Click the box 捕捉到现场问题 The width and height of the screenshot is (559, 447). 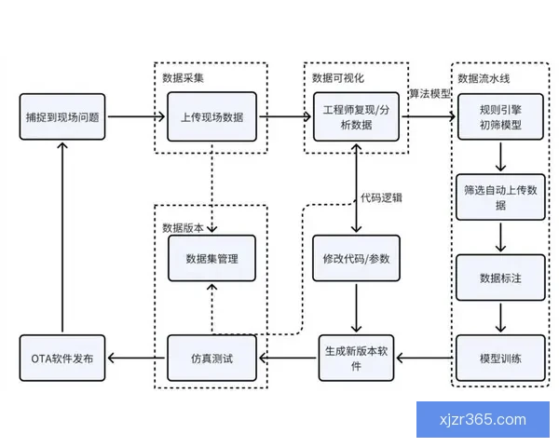[62, 117]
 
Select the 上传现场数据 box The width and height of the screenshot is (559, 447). [211, 117]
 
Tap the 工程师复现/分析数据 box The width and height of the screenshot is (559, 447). [358, 117]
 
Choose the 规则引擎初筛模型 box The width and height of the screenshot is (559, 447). [499, 117]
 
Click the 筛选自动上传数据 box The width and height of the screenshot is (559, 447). [499, 196]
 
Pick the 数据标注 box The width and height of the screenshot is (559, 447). [499, 278]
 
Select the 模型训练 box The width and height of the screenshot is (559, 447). [499, 359]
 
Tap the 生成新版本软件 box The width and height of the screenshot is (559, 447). [358, 359]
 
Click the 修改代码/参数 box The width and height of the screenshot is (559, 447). [358, 259]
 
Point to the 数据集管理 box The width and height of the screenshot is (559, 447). [211, 259]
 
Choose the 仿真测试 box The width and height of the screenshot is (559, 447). [211, 359]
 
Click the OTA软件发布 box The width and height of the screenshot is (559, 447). [62, 359]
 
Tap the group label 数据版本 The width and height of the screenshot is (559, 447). [182, 227]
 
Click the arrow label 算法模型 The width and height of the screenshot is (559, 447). [429, 94]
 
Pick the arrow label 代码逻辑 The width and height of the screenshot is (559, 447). [383, 197]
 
